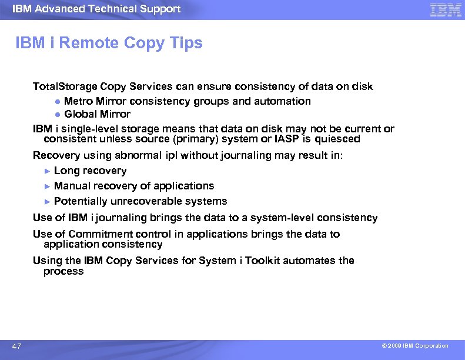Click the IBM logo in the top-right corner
click(446, 9)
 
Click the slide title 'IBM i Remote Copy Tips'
click(109, 43)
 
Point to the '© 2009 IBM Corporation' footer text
click(414, 346)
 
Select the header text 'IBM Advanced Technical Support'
click(96, 9)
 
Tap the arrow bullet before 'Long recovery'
click(48, 171)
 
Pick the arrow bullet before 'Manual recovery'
click(48, 186)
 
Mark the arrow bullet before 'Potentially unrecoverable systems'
click(48, 202)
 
